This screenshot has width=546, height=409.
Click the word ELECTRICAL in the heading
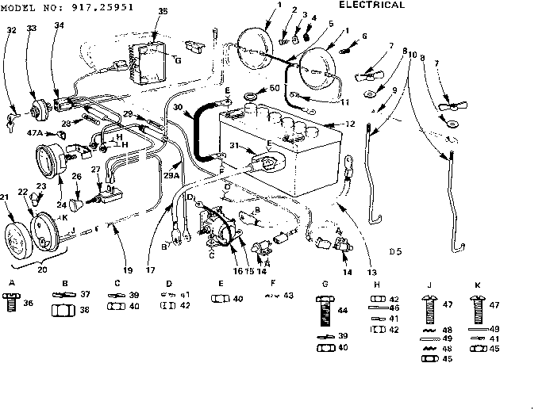pos(371,5)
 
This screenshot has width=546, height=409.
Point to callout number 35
pos(162,11)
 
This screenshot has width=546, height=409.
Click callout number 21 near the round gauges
pos(6,196)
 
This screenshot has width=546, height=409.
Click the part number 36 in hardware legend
pos(29,302)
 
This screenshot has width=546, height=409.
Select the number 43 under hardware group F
pos(287,295)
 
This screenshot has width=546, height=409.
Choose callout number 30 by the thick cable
pos(179,109)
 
